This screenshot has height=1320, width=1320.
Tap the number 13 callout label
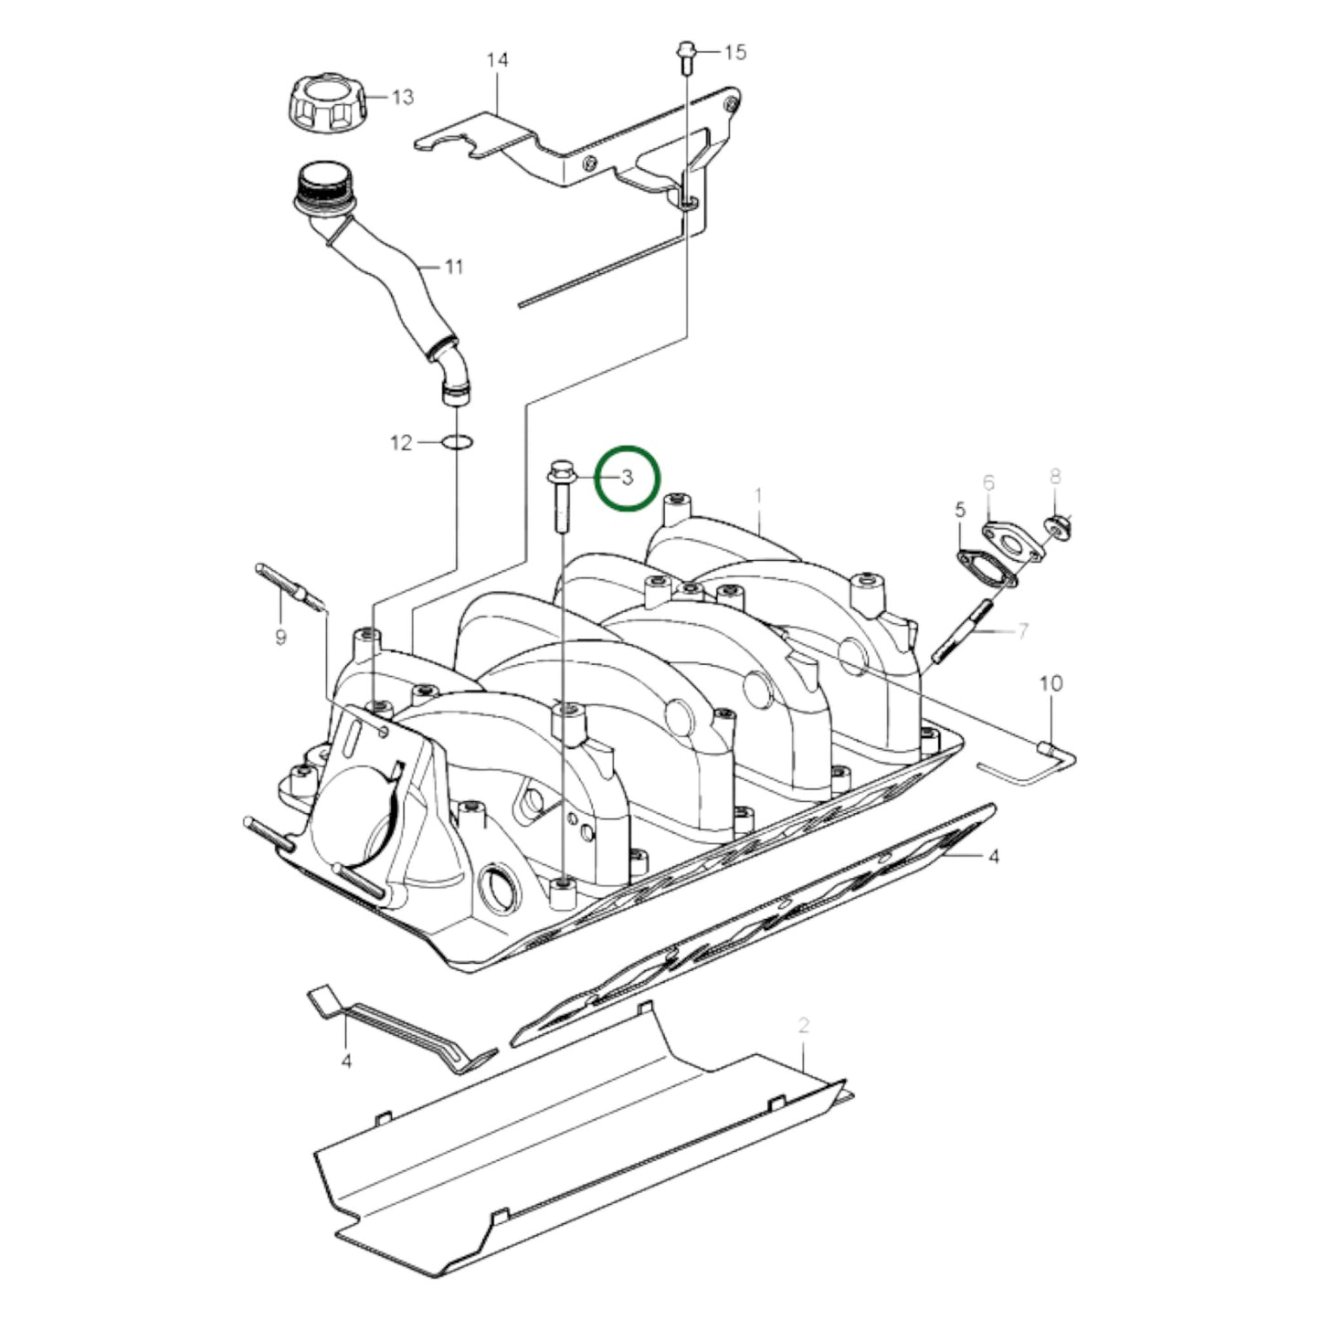pos(403,98)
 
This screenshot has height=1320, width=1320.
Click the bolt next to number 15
pos(685,55)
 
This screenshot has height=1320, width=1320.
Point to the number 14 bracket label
pos(497,60)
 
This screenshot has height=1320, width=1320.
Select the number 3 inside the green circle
pos(628,477)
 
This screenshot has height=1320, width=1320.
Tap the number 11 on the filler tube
pos(454,267)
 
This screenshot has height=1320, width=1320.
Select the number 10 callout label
pos(1051,683)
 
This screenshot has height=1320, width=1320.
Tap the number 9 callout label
pos(281,636)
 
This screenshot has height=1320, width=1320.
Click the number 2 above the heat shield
pos(804,1025)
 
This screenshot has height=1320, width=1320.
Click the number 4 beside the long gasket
pos(994,856)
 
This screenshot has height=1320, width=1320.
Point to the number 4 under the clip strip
pos(346,1061)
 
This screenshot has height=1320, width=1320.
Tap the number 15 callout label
pos(735,52)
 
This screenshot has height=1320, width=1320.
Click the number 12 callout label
pos(402,443)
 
